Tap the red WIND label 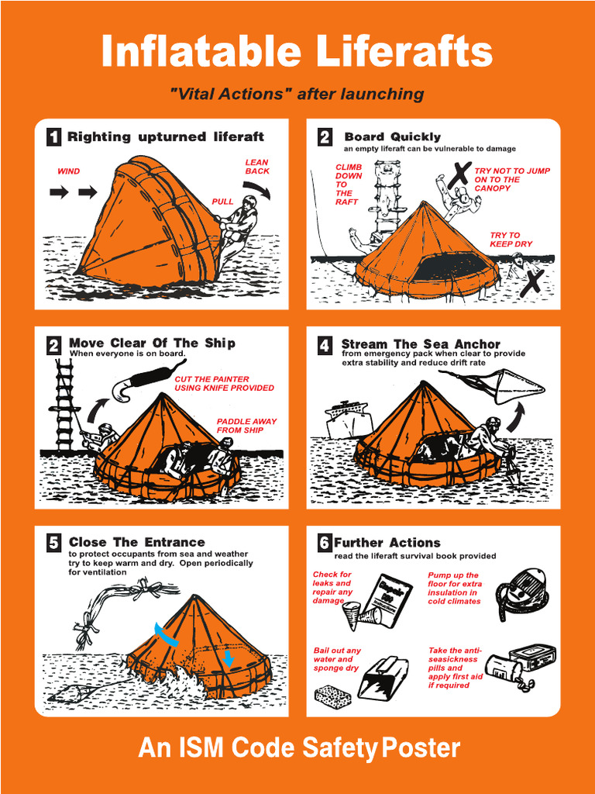[x=68, y=171]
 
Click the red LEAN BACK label [x=257, y=167]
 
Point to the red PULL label [x=222, y=202]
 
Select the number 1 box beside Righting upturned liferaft [x=53, y=137]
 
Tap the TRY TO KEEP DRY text [x=511, y=240]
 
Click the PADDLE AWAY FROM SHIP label [x=246, y=426]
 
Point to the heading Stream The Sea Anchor [x=421, y=343]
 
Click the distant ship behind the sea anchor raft [x=348, y=419]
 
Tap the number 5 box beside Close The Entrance [x=53, y=543]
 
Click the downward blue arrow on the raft [x=228, y=658]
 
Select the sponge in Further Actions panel [x=332, y=695]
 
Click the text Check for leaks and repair [x=332, y=588]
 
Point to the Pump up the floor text [x=455, y=588]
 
